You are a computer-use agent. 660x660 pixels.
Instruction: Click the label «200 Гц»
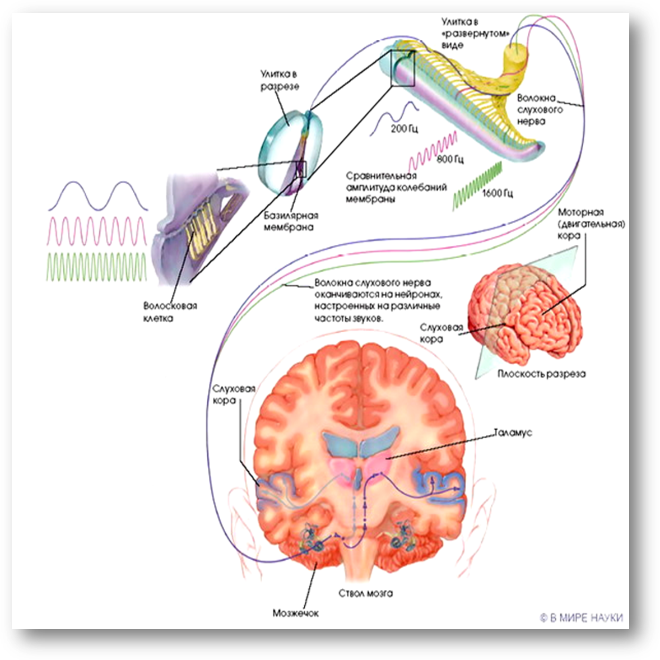coord(404,129)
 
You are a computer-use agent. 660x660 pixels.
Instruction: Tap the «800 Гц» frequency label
coord(450,160)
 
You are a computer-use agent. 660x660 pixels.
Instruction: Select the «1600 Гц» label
coord(497,194)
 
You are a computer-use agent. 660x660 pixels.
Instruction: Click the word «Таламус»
coord(513,433)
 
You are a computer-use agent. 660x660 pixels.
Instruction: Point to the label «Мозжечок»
coord(295,613)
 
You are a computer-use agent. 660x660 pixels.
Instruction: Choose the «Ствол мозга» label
coord(365,593)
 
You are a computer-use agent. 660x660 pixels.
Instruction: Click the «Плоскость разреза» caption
coord(541,374)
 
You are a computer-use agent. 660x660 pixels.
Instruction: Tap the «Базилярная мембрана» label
coord(291,221)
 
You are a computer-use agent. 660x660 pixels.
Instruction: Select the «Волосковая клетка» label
coord(170,312)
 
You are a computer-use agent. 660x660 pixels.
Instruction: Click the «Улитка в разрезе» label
coord(280,80)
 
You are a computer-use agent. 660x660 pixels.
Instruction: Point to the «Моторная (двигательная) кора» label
coord(591,224)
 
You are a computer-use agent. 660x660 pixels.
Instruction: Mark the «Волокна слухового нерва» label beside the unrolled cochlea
coord(540,109)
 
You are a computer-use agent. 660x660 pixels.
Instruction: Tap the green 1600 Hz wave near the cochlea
coord(477,184)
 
